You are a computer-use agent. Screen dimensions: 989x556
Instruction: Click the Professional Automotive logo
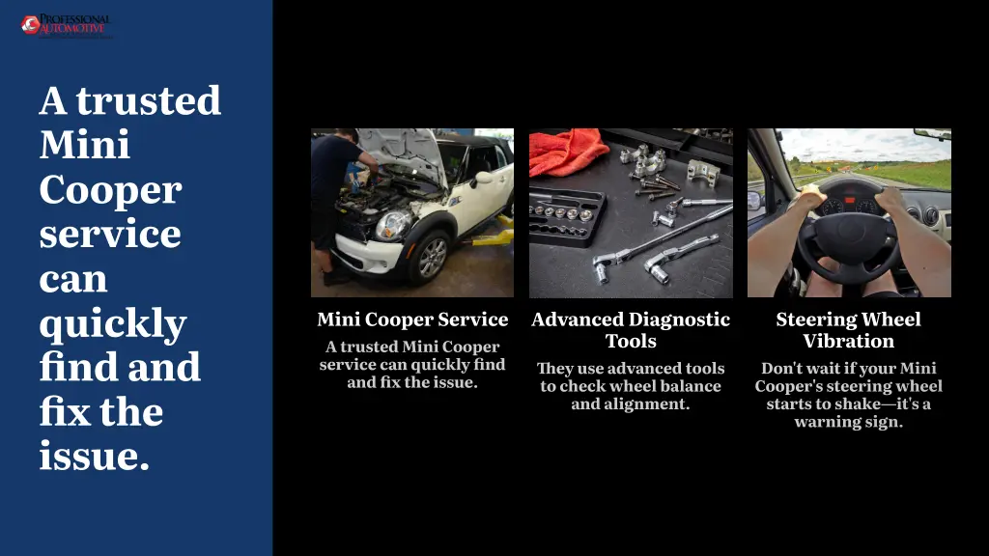point(67,26)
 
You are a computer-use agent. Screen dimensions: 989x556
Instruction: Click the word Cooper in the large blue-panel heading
point(110,190)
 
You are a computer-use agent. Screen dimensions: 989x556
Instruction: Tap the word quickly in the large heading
point(113,324)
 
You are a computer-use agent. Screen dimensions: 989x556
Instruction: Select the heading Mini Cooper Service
point(412,320)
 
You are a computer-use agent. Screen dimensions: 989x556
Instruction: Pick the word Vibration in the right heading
point(848,341)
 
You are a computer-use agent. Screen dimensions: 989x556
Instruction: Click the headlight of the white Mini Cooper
point(392,225)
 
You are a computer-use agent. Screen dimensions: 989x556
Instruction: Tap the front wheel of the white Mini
point(430,257)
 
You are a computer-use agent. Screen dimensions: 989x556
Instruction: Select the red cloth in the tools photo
point(568,152)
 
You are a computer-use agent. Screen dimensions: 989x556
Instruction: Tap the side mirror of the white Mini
point(482,179)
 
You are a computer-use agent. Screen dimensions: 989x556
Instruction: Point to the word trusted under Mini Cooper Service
point(369,347)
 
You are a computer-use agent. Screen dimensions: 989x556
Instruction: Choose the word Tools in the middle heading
point(631,341)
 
